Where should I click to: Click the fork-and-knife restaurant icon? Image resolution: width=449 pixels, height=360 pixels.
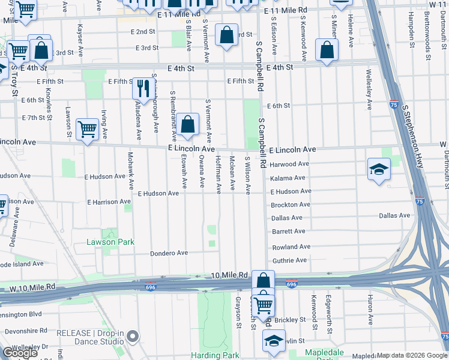coord(142,88)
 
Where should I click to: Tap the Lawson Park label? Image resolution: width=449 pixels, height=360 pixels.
coord(110,242)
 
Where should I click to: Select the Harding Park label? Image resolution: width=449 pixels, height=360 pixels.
coord(215,355)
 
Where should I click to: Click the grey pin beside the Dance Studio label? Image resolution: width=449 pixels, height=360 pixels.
coord(133,337)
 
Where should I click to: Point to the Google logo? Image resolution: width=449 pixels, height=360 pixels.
coord(20,353)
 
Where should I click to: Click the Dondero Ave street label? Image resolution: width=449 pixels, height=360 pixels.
coord(169,253)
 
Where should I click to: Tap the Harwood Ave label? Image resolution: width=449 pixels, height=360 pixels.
coord(289,164)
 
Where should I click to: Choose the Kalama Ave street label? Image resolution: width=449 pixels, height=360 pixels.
coord(288,178)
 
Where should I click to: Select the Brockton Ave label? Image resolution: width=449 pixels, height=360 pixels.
coord(291,205)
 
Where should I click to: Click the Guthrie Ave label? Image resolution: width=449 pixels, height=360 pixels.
coord(289,260)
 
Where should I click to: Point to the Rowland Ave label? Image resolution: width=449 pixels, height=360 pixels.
coord(291,247)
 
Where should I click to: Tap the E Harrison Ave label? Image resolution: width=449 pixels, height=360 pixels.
coord(110,202)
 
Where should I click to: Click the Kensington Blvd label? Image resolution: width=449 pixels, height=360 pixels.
coord(20,314)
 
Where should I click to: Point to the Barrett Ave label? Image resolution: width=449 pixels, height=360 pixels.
coord(289,231)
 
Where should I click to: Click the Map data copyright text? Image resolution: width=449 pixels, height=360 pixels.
coord(411,355)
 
